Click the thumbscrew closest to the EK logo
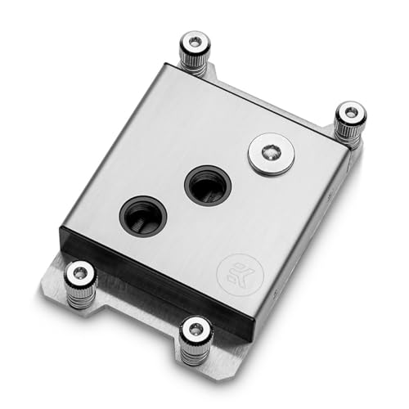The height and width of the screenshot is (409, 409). [x=196, y=335]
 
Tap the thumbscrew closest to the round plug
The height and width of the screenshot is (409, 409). [x=350, y=121]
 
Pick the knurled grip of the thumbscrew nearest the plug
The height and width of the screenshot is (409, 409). [x=350, y=128]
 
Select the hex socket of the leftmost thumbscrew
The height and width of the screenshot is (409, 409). [x=80, y=274]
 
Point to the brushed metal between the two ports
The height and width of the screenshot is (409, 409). [x=175, y=201]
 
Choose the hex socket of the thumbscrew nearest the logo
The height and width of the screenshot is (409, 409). [x=196, y=327]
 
